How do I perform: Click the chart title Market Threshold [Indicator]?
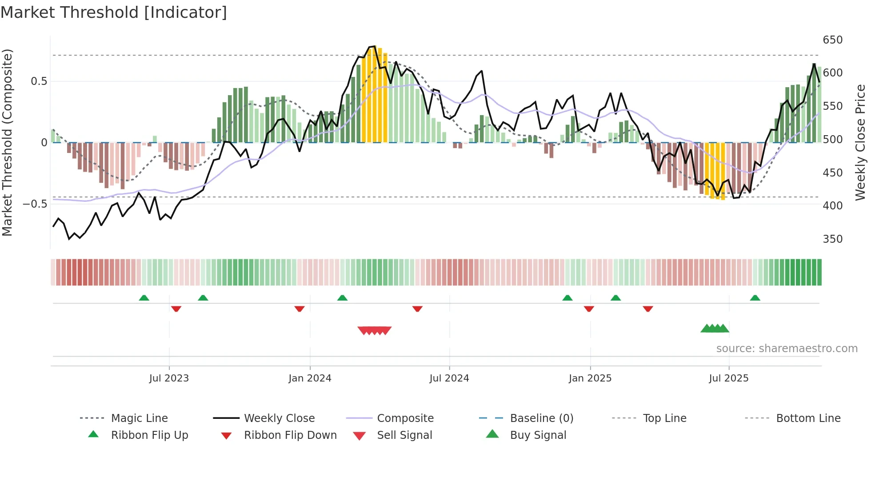(x=114, y=12)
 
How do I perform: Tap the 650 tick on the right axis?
(x=832, y=40)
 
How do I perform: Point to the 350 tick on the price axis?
(x=832, y=239)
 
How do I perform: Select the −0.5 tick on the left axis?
(x=35, y=204)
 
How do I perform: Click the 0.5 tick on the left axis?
(x=39, y=81)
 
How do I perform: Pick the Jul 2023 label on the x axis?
(x=169, y=378)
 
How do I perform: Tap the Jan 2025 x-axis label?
(x=590, y=378)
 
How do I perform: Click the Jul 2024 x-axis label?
(x=449, y=378)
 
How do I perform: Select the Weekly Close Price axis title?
(x=860, y=142)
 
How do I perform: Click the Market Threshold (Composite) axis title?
(x=7, y=142)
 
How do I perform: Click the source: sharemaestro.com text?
(x=787, y=349)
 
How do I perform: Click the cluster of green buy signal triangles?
(x=715, y=329)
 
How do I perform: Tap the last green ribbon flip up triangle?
(x=755, y=298)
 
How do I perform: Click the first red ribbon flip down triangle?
(x=176, y=309)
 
